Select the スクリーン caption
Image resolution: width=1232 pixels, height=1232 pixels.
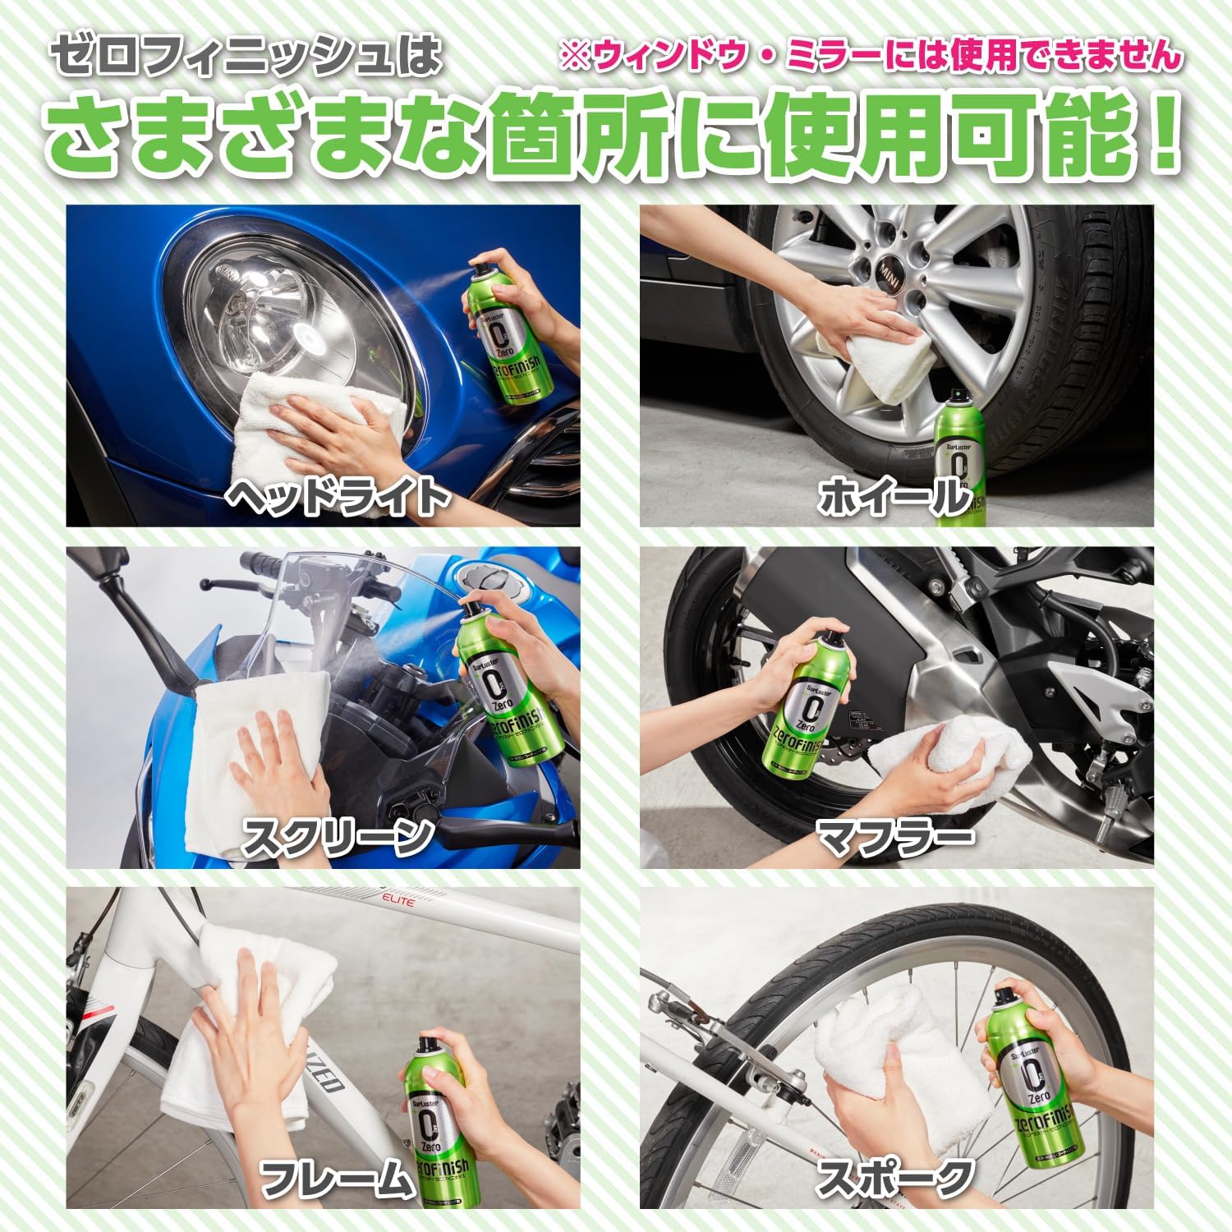(x=338, y=837)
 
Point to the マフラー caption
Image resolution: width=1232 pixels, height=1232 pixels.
(x=895, y=837)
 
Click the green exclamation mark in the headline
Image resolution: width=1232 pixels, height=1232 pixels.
(x=1158, y=136)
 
